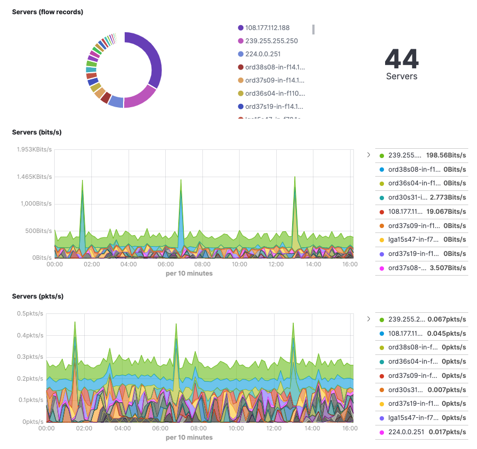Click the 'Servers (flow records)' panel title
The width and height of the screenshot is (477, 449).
(x=48, y=12)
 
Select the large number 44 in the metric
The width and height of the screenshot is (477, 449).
(x=402, y=59)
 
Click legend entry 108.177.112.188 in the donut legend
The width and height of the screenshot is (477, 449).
(x=267, y=28)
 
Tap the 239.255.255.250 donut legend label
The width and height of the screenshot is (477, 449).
(x=271, y=41)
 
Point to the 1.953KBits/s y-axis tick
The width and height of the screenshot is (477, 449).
(x=34, y=150)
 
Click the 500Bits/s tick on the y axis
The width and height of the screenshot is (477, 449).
(x=37, y=231)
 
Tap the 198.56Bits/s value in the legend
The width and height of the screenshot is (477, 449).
(x=446, y=155)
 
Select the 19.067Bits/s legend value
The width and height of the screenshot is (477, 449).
(x=447, y=212)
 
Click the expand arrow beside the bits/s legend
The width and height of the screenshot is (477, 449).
(x=369, y=155)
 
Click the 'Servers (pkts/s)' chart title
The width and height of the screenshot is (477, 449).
(x=38, y=296)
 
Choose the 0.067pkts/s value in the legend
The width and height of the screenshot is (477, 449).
(x=447, y=319)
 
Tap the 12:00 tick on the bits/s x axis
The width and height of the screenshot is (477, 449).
(x=276, y=264)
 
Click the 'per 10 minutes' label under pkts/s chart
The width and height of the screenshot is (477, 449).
(x=189, y=438)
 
